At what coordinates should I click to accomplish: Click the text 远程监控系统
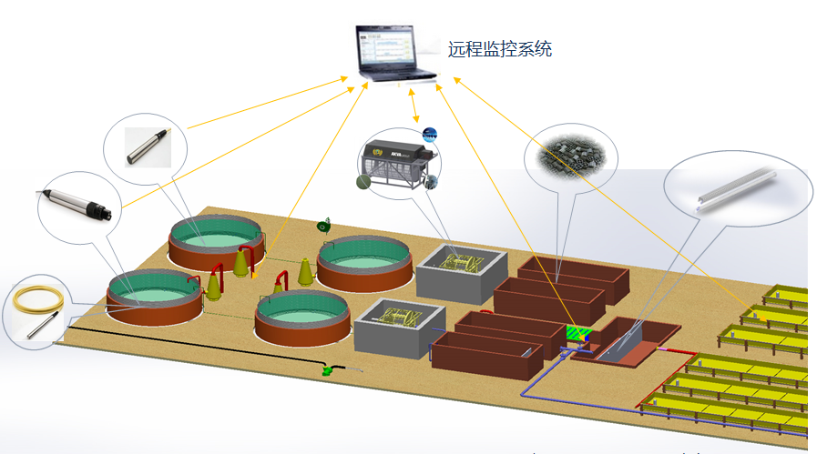(x=499, y=49)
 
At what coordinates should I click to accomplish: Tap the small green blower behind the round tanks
(x=322, y=225)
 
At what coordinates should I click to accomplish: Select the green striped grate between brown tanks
(x=577, y=334)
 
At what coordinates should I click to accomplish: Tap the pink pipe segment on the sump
(x=672, y=347)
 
